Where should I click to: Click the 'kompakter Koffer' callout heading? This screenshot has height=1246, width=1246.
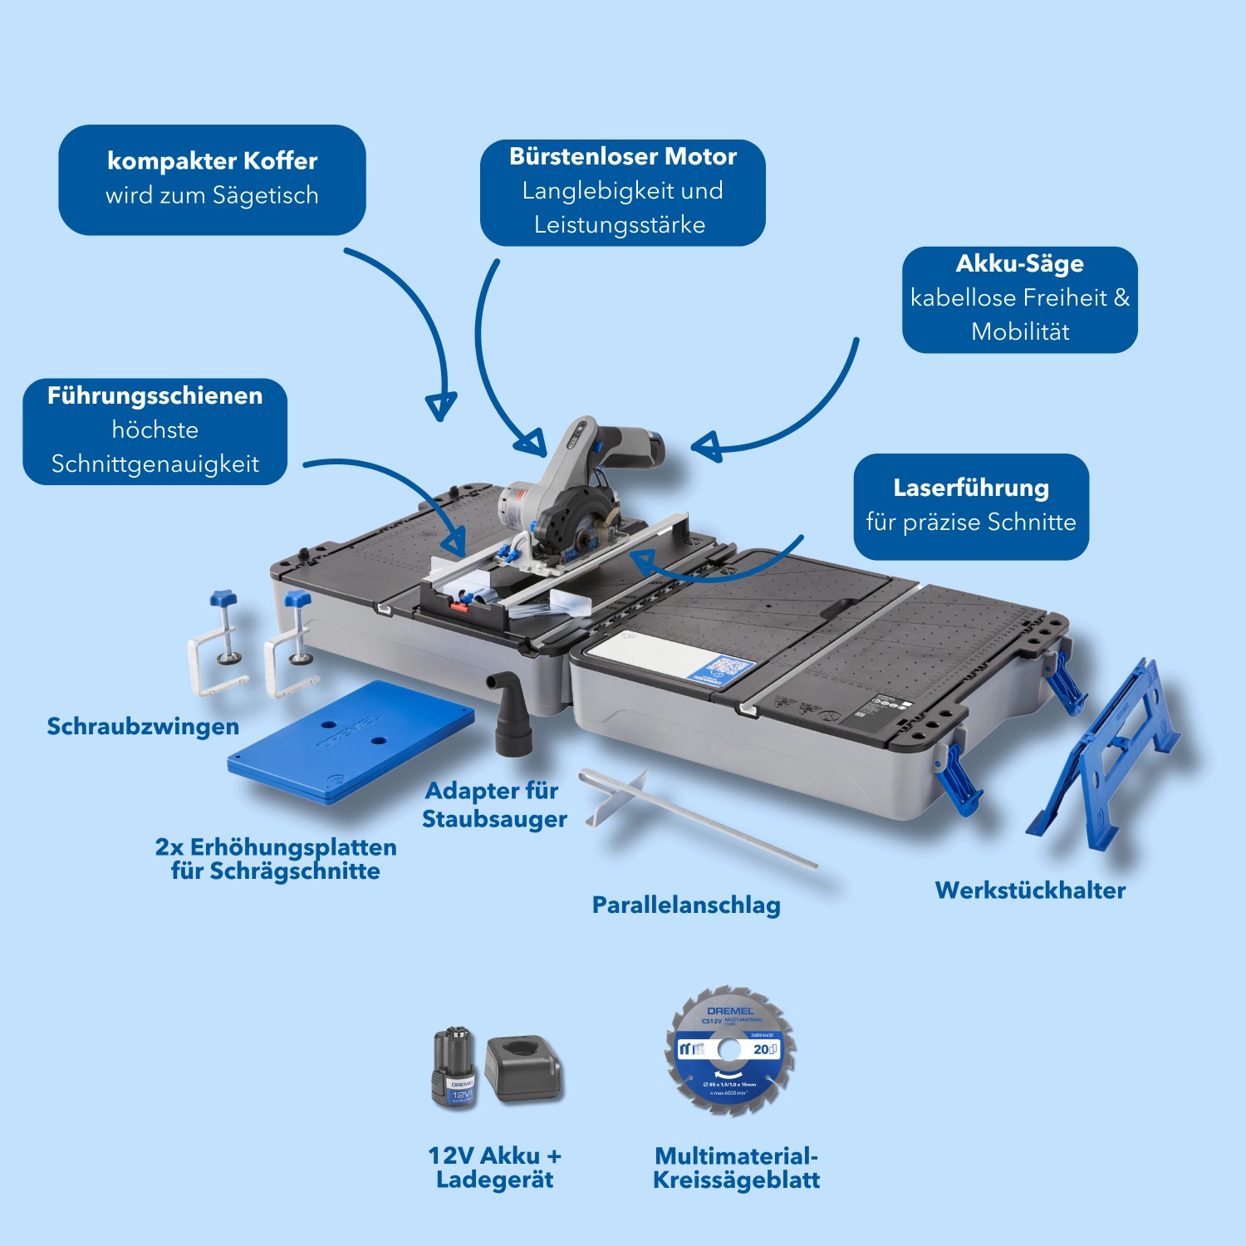click(x=212, y=161)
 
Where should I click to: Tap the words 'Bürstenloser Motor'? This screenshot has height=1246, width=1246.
click(x=622, y=156)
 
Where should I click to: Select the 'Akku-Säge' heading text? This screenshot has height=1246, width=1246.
click(x=1019, y=263)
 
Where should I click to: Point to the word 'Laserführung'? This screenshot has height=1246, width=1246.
click(x=970, y=488)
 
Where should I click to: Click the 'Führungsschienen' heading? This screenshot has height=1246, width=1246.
click(x=155, y=395)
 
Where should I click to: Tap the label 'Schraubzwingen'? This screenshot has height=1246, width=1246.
click(x=143, y=726)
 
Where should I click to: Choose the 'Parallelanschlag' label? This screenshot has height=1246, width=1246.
click(x=686, y=905)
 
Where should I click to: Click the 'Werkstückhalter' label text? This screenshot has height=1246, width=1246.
click(x=1030, y=890)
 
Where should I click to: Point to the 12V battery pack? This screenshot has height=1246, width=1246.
click(x=453, y=1068)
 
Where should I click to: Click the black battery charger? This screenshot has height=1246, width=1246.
click(x=523, y=1068)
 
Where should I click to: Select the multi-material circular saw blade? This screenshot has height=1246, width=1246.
click(x=730, y=1052)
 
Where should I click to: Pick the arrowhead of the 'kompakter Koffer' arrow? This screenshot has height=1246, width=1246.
click(x=440, y=405)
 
